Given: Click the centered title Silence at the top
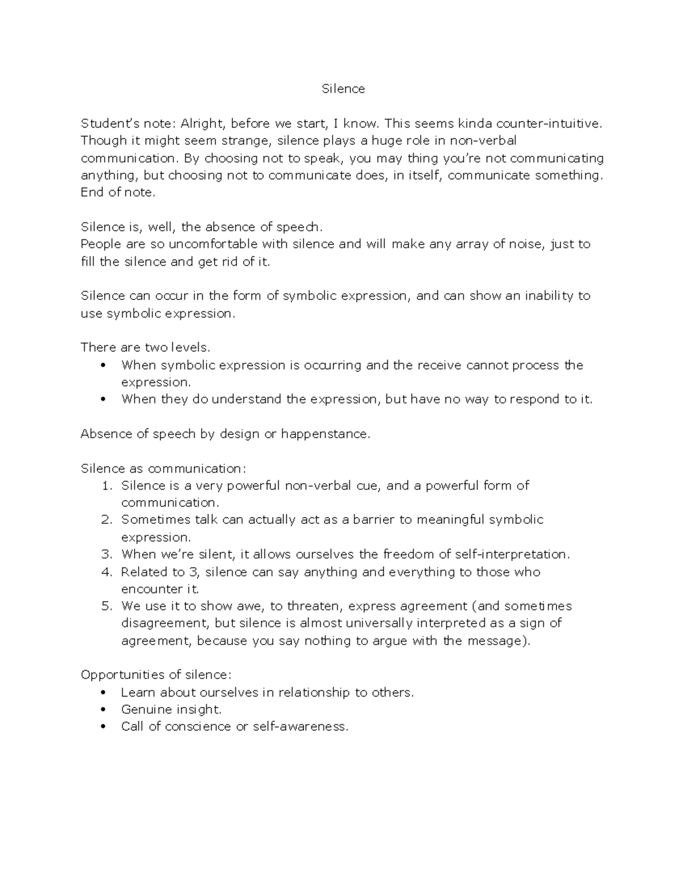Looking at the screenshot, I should pos(343,89).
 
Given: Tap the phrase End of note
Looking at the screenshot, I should pos(118,192).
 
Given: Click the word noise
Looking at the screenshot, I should pos(527,244).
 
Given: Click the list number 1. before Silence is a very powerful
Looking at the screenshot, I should pos(106,486).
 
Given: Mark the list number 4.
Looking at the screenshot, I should pos(106,572).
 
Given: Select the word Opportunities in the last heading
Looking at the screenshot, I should pos(120,675).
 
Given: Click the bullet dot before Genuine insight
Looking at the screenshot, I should pos(103,710).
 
